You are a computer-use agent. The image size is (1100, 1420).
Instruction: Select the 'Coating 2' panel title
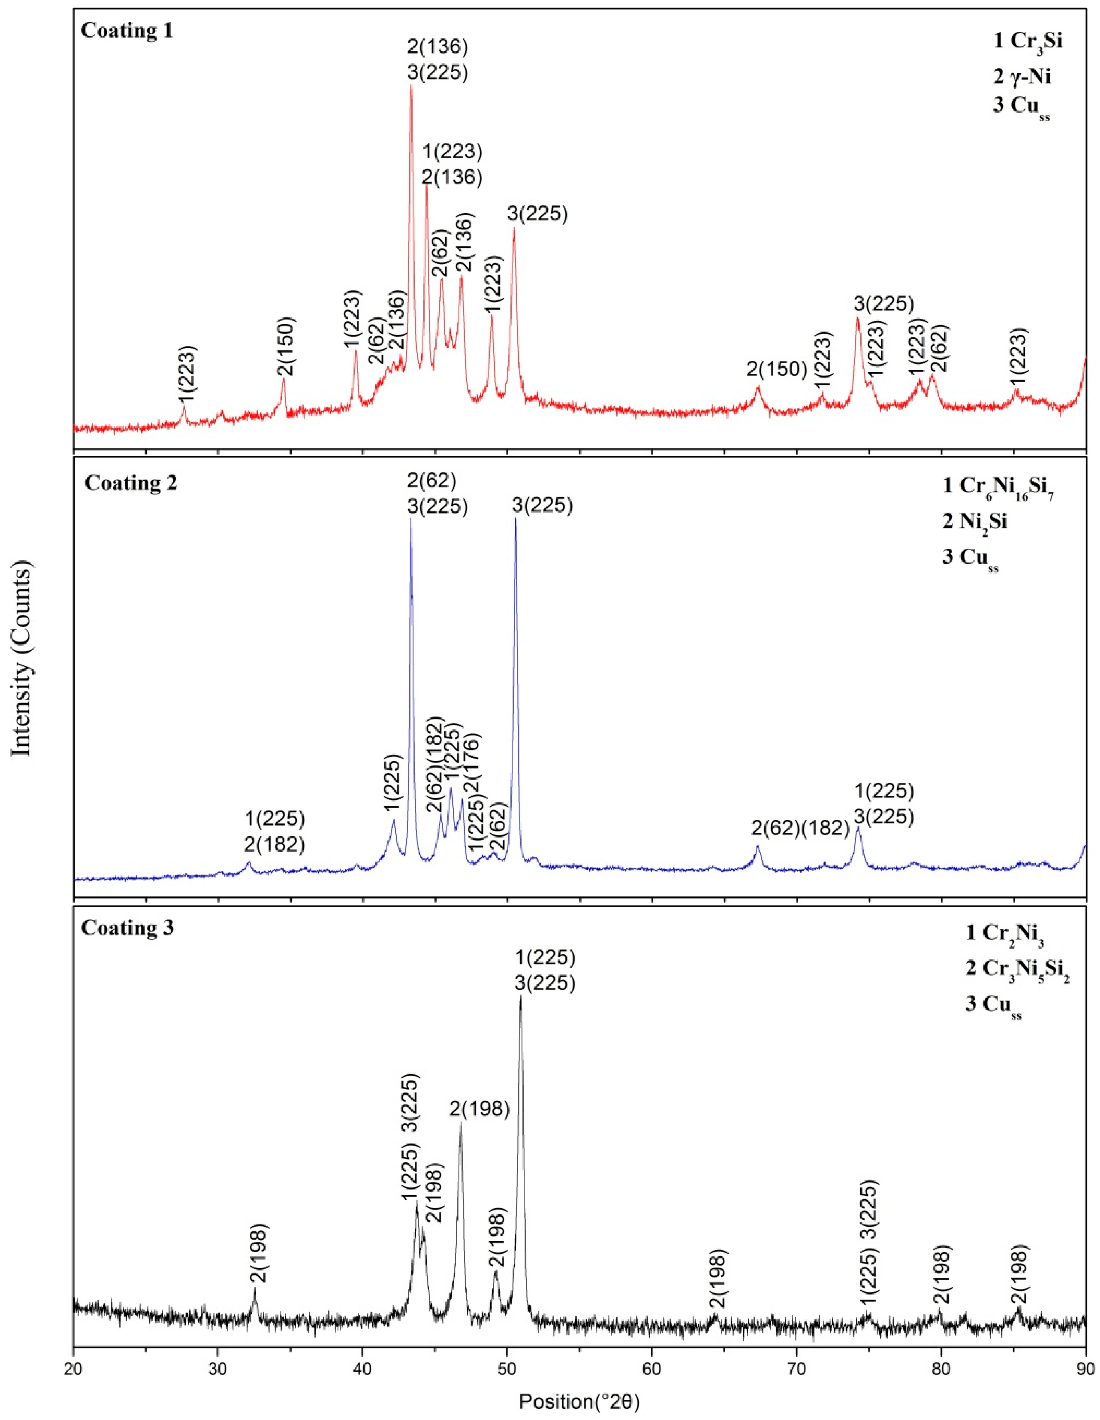pyautogui.click(x=130, y=483)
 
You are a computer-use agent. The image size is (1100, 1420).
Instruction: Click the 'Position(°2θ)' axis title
pyautogui.click(x=579, y=1402)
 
